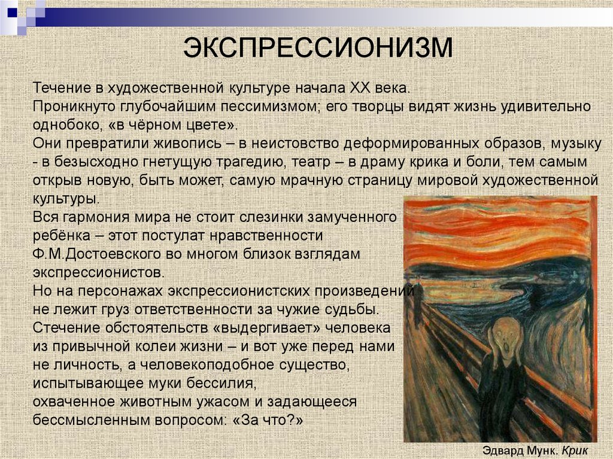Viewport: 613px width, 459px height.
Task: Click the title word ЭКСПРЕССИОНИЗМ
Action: click(x=318, y=48)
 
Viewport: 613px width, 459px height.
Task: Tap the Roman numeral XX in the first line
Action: click(x=362, y=87)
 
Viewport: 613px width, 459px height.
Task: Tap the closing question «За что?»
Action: click(x=268, y=420)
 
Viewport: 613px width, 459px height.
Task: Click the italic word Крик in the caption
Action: click(x=575, y=451)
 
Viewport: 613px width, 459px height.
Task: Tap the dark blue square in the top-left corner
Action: click(x=13, y=12)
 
